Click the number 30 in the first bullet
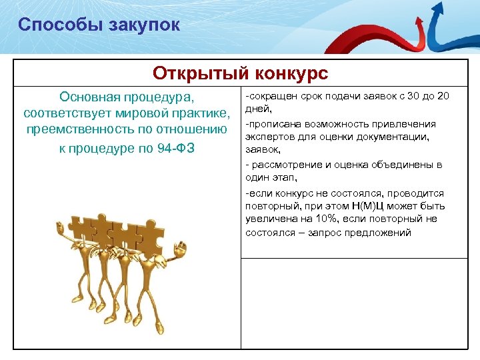click(x=414, y=96)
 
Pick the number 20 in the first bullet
click(x=442, y=96)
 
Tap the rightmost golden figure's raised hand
click(x=178, y=249)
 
